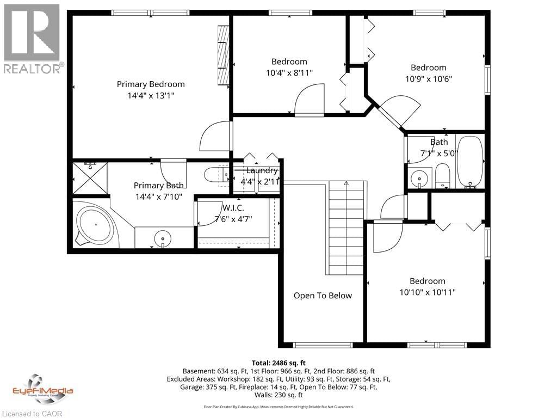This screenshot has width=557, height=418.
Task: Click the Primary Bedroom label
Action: click(x=151, y=84)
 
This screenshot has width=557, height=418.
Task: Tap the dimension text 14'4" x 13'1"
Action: click(x=151, y=95)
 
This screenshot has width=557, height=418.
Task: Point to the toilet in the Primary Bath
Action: click(x=214, y=175)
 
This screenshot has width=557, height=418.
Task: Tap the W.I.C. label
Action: click(x=233, y=207)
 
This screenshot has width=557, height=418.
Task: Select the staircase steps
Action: click(x=346, y=229)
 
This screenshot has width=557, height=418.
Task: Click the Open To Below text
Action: click(x=323, y=296)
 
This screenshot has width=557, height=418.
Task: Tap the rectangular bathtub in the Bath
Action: click(x=471, y=162)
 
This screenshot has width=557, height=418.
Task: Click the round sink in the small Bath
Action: click(x=418, y=178)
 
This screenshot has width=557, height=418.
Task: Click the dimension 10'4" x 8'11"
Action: click(x=289, y=72)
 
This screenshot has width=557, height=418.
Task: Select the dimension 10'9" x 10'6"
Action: click(x=428, y=78)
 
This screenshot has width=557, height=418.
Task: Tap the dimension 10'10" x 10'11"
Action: click(x=428, y=292)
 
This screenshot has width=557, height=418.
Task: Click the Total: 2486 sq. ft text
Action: click(x=278, y=362)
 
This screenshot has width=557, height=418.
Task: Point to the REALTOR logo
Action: click(x=33, y=38)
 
